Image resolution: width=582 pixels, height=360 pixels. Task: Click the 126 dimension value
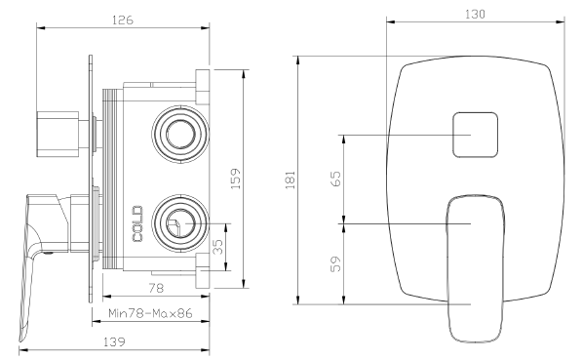coord(123,20)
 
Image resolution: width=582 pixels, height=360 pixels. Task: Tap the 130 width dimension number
coord(475,14)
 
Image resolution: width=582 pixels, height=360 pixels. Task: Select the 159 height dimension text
coord(236,179)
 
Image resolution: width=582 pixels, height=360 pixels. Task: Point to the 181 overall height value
coord(291,180)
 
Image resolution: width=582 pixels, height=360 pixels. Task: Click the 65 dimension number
coord(335,179)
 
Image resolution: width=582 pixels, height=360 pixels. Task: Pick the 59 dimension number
coord(335,263)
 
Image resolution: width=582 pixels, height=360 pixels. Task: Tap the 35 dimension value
coord(218,247)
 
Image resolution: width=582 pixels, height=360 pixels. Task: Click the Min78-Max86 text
coord(150,313)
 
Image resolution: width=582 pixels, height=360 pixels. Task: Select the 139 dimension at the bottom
coord(114,341)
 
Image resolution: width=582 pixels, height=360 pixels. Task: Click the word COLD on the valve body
coord(137,223)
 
